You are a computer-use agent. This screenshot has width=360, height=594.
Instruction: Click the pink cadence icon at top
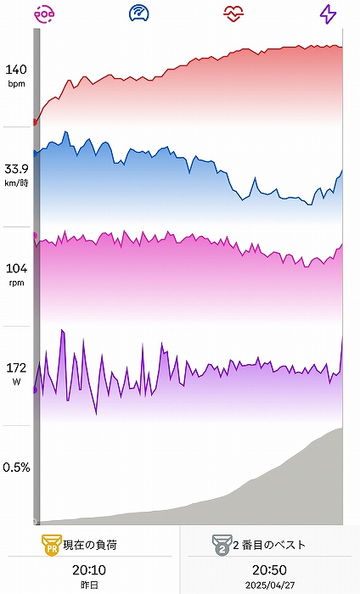[x=44, y=14]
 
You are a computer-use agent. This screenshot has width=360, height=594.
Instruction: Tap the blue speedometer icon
[x=138, y=14]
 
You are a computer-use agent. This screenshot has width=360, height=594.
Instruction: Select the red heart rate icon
[x=233, y=14]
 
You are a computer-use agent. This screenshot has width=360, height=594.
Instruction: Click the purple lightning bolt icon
[x=328, y=14]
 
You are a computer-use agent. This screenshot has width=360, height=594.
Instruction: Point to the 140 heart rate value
[x=16, y=70]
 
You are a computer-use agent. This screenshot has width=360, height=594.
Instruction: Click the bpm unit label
[x=16, y=84]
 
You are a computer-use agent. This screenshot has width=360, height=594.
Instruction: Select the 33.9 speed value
[x=16, y=169]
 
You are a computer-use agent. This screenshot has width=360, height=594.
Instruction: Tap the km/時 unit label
[x=16, y=183]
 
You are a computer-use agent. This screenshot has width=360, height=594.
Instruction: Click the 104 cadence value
[x=16, y=268]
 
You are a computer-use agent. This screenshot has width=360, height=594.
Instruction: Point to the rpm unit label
[x=16, y=283]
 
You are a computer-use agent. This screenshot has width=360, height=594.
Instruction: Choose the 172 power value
[x=16, y=367]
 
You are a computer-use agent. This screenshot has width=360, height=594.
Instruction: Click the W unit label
[x=16, y=382]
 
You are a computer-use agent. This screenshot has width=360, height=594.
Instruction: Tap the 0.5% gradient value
[x=16, y=467]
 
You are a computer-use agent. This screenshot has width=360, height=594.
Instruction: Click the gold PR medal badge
[x=52, y=545]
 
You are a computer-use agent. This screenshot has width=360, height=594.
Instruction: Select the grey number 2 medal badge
[x=222, y=545]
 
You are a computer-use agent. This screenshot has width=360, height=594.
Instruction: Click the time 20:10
[x=89, y=569]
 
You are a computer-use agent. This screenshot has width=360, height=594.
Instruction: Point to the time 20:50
[x=269, y=569]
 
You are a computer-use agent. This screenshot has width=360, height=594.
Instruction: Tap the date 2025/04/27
[x=269, y=586]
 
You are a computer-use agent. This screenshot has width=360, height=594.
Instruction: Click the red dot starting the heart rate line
[x=35, y=122]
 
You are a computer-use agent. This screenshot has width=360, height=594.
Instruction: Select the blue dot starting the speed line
[x=35, y=154]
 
